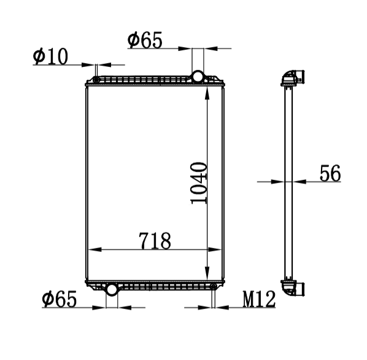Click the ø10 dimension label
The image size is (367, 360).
click(50, 57)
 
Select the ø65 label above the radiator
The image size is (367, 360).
click(145, 41)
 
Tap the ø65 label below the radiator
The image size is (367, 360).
click(59, 299)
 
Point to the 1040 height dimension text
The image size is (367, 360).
click(199, 183)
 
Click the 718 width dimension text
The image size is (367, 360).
click(155, 241)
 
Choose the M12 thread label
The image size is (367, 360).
click(259, 299)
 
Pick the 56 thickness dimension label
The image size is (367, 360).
click(330, 173)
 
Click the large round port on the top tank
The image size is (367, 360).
click(198, 77)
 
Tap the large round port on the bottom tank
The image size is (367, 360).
click(112, 289)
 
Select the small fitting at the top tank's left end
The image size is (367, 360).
click(96, 80)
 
